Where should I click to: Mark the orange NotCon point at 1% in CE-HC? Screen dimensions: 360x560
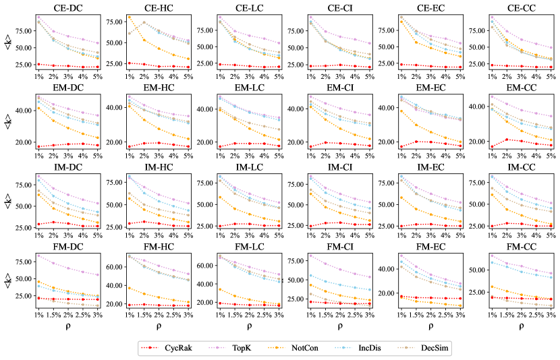point(128,18)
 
